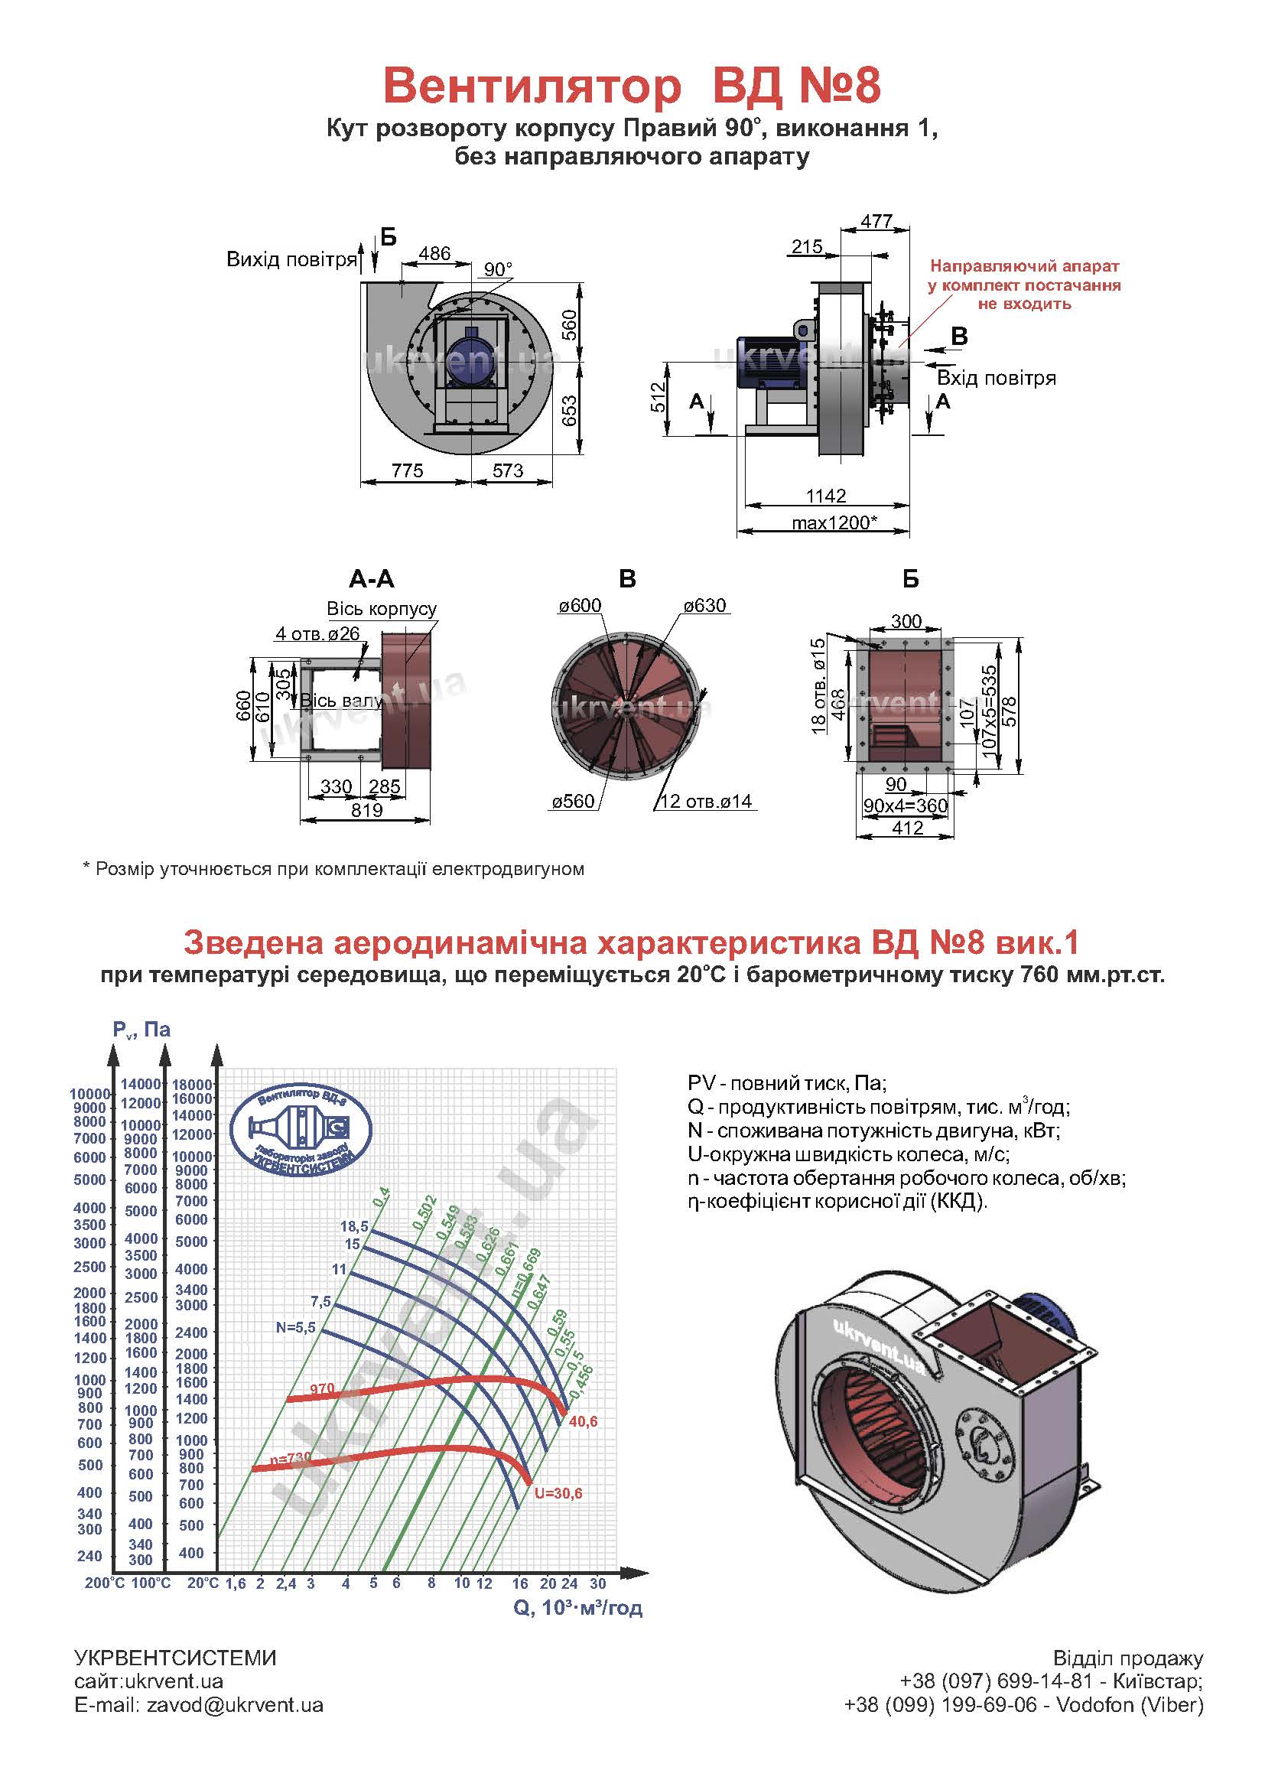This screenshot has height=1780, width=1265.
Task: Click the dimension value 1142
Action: click(826, 496)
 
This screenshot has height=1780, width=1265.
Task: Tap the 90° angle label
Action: click(498, 269)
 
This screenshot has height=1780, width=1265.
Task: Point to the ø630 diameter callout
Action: click(704, 606)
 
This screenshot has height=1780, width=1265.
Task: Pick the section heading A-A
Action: click(372, 579)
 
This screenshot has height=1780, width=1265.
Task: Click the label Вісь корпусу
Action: click(381, 608)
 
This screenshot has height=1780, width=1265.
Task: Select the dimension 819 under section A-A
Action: click(366, 810)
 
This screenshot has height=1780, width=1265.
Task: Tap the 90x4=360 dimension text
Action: click(905, 805)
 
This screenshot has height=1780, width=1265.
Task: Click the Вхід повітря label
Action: click(997, 379)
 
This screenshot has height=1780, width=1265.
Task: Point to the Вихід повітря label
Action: click(291, 259)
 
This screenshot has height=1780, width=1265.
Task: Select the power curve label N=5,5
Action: click(296, 1327)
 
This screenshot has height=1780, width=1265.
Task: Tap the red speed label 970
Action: click(322, 1388)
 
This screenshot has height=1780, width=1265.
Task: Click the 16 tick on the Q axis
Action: click(520, 1583)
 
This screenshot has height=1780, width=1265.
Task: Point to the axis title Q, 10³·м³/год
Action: click(578, 1607)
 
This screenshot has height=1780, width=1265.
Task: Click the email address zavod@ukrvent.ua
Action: click(235, 1704)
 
